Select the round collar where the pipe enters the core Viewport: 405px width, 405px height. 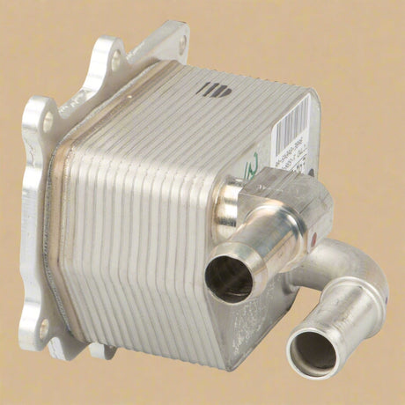[x=231, y=198]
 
